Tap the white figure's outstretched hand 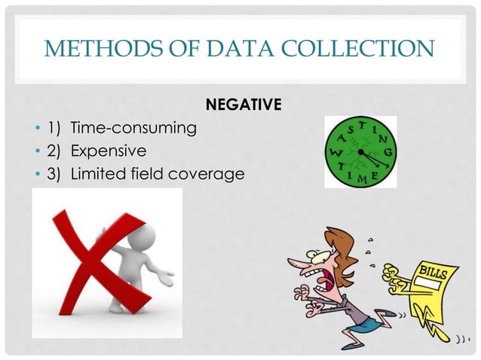(168, 276)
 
